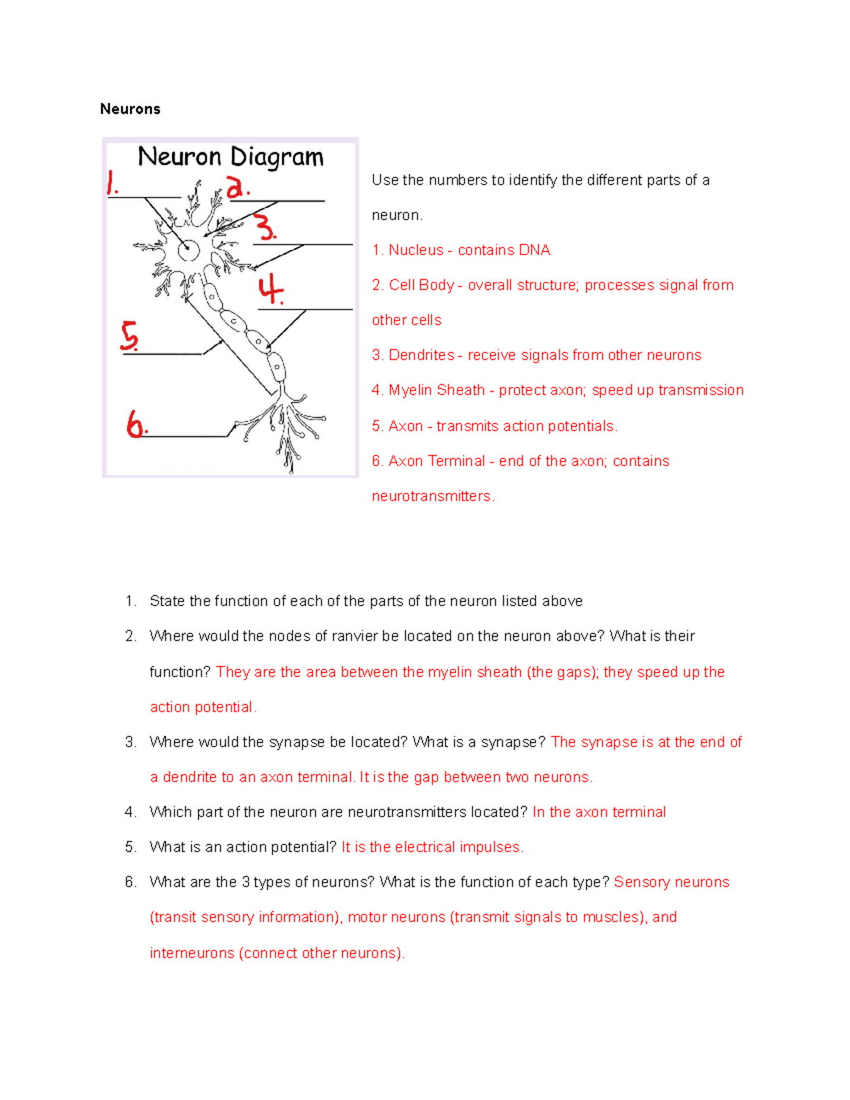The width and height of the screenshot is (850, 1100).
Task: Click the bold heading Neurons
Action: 130,109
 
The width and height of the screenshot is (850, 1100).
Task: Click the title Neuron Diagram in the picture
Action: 230,157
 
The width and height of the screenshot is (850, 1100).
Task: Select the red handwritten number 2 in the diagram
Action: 237,187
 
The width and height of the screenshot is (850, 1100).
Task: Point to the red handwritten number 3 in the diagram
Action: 265,227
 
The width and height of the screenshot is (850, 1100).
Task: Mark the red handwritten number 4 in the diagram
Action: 271,290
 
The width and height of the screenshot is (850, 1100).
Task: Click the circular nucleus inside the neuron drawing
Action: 188,249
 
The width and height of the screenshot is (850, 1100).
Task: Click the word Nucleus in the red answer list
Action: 416,250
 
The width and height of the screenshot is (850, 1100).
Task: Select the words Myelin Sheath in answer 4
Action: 436,390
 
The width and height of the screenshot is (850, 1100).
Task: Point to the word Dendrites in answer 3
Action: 421,355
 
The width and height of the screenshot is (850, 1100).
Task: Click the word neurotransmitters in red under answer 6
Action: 431,496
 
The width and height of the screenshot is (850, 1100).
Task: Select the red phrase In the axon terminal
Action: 599,812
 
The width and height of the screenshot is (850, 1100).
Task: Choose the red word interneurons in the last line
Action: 192,953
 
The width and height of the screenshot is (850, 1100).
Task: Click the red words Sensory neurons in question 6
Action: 671,882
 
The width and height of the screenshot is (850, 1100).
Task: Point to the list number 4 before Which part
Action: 130,812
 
